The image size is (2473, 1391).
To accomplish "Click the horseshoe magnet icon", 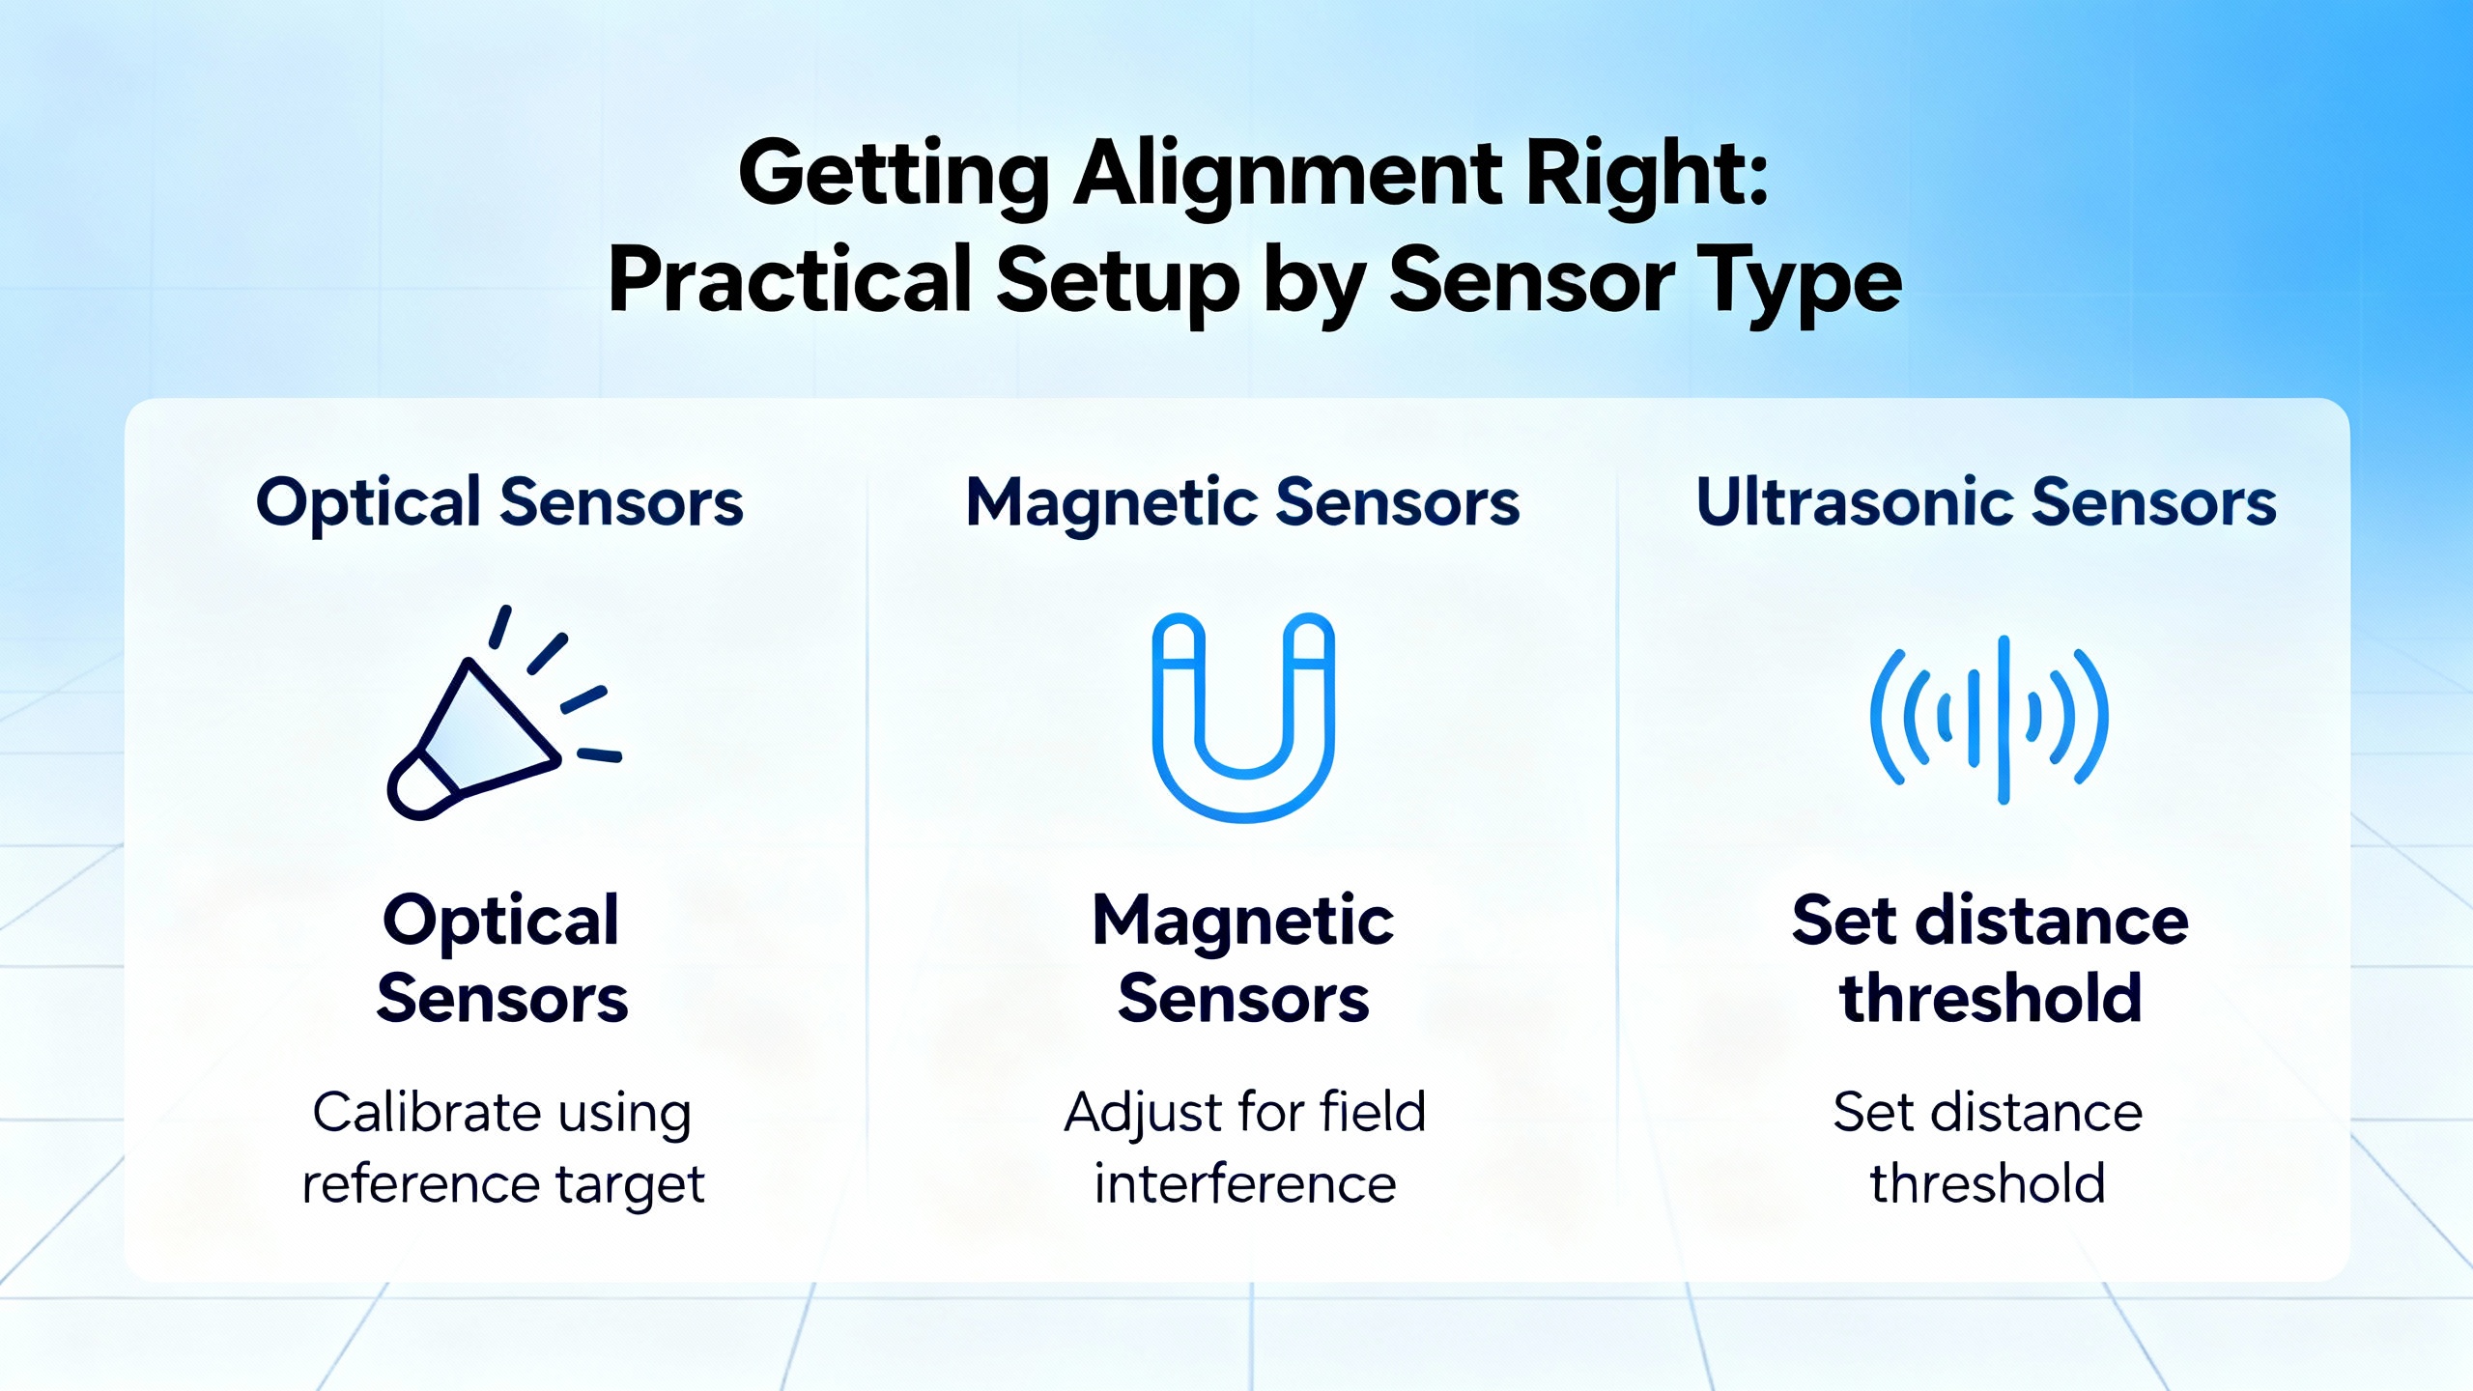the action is coord(1243,718).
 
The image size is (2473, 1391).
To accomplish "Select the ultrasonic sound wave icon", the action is coord(1989,720).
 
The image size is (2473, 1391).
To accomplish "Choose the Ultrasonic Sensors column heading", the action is coord(1986,502).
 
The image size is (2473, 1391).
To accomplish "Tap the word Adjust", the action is coord(1142,1113).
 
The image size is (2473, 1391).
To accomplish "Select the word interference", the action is coord(1245,1184).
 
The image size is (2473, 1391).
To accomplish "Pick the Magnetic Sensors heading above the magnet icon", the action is coord(1243,502).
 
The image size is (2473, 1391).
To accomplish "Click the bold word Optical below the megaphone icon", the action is coord(500,921).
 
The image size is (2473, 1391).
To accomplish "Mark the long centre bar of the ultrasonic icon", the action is coord(2004,720).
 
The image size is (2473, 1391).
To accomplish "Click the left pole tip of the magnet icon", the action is coord(1179,639).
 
